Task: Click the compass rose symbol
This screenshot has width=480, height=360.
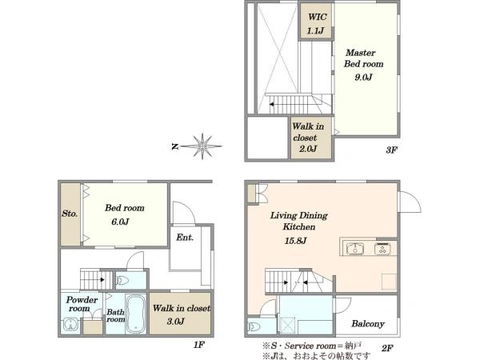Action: click(201, 146)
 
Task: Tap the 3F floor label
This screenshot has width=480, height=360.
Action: click(391, 150)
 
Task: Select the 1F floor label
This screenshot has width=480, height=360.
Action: click(198, 345)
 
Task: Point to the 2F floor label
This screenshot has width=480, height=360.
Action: click(387, 348)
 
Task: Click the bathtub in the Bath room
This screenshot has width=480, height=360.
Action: click(136, 314)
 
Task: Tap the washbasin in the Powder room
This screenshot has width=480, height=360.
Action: click(71, 326)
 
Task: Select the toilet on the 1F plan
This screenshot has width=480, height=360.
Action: click(123, 281)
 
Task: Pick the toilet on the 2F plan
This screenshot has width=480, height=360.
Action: click(254, 327)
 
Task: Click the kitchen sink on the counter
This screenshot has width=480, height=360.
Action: click(354, 248)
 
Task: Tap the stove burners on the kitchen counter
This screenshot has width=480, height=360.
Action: click(382, 248)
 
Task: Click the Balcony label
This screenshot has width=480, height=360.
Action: click(368, 323)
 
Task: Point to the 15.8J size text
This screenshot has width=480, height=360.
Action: click(295, 241)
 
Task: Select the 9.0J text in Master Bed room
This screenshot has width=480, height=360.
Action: click(363, 77)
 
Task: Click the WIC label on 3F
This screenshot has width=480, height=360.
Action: click(317, 17)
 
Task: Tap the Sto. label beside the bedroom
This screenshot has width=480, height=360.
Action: click(70, 214)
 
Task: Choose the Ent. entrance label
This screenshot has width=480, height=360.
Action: click(185, 238)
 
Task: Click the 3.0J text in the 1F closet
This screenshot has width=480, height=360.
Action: click(176, 322)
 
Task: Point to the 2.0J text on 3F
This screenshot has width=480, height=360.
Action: click(308, 149)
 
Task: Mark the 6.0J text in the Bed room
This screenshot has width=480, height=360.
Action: click(120, 222)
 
